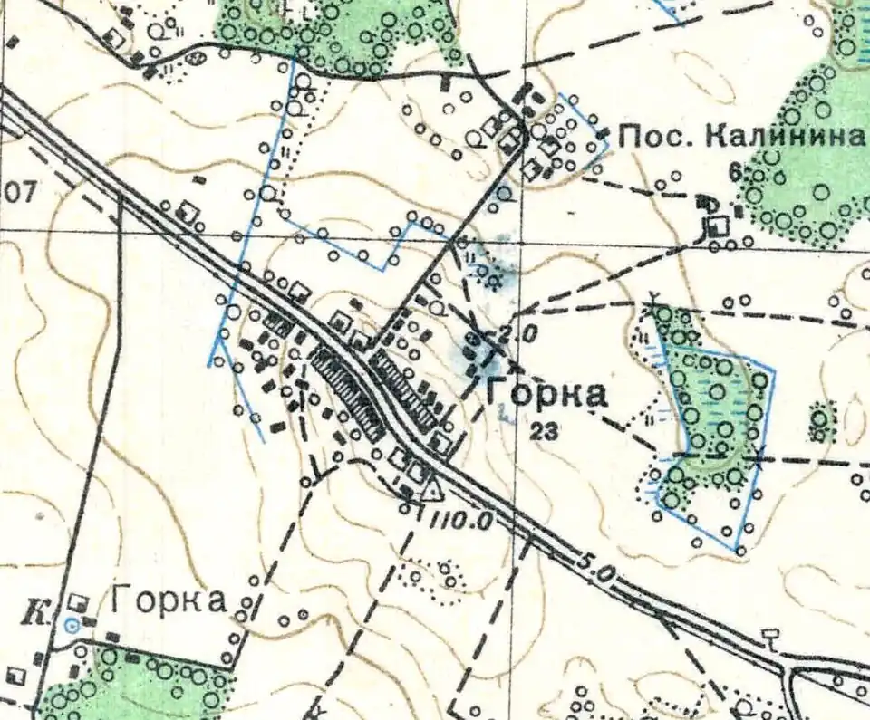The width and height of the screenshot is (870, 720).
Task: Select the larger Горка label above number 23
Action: (x=546, y=394)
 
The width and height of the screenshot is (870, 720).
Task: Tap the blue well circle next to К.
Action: (x=72, y=623)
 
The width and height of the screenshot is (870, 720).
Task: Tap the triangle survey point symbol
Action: (x=432, y=491)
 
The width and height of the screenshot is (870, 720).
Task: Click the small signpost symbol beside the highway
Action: (x=770, y=636)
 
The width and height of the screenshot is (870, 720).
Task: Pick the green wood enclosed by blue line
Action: (x=716, y=408)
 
